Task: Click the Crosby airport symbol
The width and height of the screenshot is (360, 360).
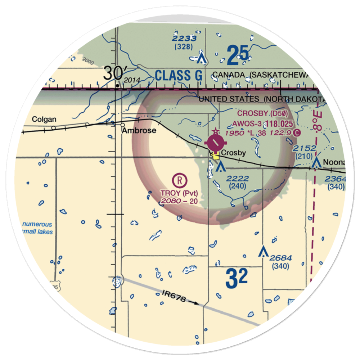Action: (215, 144)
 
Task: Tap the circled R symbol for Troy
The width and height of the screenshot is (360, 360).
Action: (179, 179)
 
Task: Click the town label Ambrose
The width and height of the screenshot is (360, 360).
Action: (139, 130)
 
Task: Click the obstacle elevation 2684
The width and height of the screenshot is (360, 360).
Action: (280, 258)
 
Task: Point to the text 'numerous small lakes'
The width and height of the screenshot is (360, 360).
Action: (37, 228)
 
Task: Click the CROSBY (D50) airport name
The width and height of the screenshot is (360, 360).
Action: (262, 114)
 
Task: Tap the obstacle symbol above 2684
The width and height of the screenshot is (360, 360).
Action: (264, 251)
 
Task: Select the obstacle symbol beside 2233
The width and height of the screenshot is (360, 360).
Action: (202, 58)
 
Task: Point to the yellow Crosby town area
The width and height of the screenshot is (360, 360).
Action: (216, 156)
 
